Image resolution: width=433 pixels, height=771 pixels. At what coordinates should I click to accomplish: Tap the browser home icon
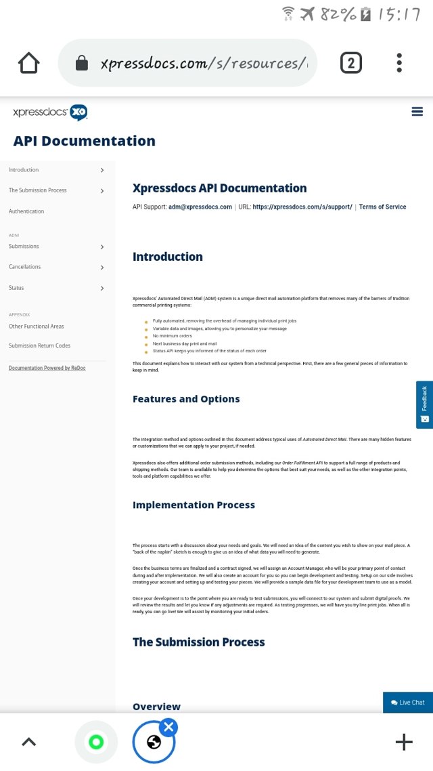tap(29, 63)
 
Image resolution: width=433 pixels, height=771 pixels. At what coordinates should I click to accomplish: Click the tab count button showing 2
tap(350, 63)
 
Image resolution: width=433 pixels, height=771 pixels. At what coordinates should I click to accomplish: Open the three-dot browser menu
tap(399, 63)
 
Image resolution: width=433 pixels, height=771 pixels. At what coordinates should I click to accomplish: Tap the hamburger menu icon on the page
tap(417, 112)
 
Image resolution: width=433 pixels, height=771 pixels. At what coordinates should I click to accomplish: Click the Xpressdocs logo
tap(50, 112)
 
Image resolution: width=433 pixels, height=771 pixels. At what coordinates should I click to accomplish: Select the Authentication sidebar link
tap(26, 211)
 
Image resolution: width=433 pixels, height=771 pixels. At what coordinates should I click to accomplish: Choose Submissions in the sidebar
tap(24, 247)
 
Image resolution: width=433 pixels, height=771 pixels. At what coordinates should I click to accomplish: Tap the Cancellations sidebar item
tap(25, 267)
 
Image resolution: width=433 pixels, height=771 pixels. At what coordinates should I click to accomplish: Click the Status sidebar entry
tap(16, 288)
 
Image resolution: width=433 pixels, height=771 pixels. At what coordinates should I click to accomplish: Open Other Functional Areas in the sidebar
tap(37, 327)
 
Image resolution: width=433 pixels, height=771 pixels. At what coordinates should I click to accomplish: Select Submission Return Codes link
tap(39, 346)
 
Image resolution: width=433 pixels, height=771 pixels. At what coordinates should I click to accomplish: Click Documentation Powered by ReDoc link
tap(47, 368)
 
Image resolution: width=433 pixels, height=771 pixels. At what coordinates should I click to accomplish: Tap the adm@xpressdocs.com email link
tap(200, 207)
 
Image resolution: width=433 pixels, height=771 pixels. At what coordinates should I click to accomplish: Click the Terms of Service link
tap(382, 207)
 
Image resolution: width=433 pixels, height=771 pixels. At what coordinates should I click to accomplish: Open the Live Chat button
tap(408, 703)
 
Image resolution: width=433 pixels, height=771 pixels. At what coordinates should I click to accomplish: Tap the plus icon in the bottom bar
tap(404, 742)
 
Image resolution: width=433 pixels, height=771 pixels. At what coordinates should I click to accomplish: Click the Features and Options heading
tap(186, 399)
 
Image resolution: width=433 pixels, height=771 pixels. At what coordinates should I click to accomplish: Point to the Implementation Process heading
tap(193, 505)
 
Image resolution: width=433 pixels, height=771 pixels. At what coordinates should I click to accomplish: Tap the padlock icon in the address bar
tap(82, 64)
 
